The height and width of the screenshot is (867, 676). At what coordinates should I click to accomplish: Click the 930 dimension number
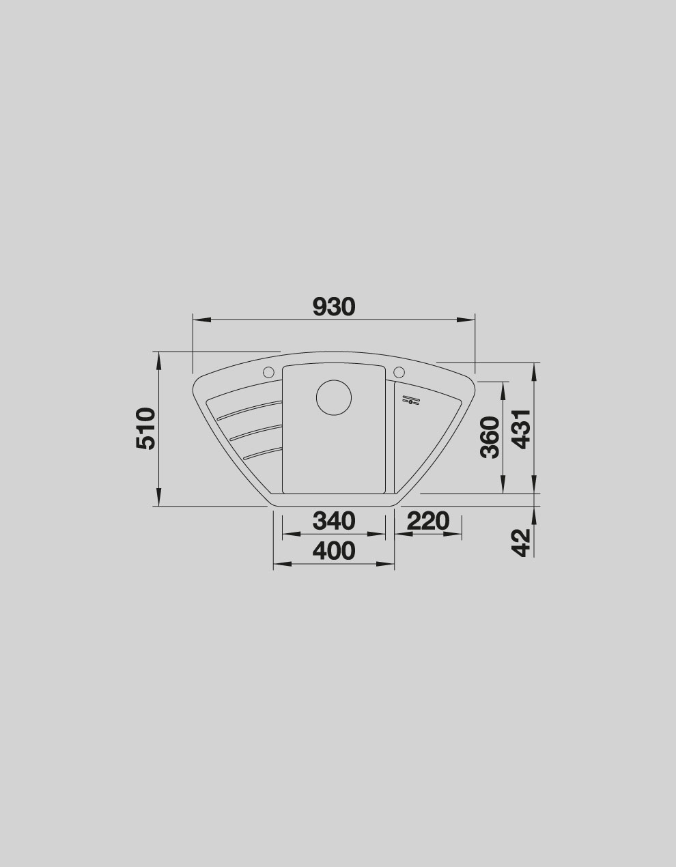(334, 307)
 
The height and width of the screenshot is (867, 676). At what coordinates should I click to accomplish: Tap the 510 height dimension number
(145, 429)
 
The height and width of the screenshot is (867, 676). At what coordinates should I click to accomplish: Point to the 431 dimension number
(522, 429)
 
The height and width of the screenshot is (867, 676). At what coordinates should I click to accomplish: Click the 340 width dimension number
(334, 521)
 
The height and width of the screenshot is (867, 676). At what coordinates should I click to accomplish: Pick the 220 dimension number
(428, 521)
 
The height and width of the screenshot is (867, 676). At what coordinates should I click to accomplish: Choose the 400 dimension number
(334, 551)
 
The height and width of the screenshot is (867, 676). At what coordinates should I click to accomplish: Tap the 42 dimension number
(522, 543)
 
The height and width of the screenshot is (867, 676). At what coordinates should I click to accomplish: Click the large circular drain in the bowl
(334, 398)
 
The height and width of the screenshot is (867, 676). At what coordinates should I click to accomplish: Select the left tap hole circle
(268, 372)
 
